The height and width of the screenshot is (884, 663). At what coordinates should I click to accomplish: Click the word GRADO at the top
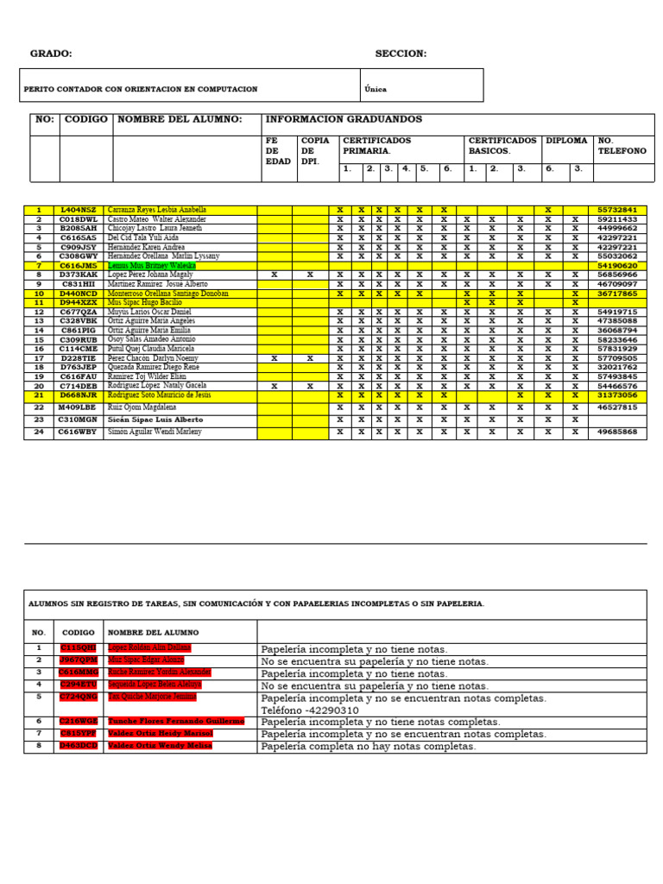coord(51,54)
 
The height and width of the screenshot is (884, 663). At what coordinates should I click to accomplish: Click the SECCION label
coord(401,54)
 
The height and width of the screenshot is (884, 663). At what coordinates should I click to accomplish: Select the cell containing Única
coord(376,88)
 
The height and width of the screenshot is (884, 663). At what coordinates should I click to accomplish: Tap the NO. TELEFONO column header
coord(622,145)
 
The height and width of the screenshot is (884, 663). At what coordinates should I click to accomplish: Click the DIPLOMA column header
coord(566,140)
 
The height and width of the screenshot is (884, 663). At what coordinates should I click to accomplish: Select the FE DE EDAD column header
coord(278,150)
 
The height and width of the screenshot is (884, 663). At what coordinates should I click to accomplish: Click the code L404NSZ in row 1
coord(79,210)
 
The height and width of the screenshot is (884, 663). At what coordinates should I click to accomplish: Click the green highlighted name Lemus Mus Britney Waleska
coord(152,266)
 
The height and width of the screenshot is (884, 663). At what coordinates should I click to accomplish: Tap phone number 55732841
coord(617,210)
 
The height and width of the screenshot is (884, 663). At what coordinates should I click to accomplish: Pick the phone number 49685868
coord(617,432)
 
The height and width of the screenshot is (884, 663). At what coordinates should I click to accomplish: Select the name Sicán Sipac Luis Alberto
coord(155,420)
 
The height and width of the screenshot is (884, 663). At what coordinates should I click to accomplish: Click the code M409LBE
coord(79,407)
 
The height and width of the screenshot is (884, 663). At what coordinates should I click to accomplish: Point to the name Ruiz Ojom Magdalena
coord(142,407)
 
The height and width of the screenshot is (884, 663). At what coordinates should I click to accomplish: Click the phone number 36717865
coord(617,294)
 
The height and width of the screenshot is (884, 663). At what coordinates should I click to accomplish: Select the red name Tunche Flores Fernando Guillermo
coord(176,721)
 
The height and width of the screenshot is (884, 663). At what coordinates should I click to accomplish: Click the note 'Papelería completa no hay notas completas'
coord(368,746)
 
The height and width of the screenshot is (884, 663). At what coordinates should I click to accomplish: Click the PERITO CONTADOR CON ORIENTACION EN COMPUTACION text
coord(141,89)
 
